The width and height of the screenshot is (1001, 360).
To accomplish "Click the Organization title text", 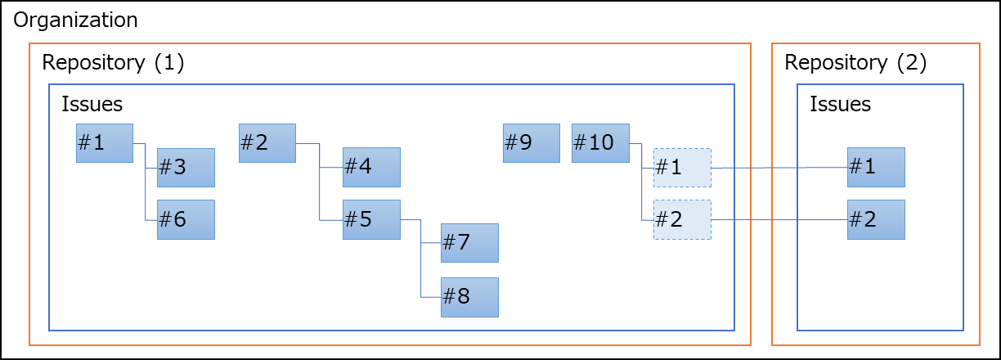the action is (75, 20).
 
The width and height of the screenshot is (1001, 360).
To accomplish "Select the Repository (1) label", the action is (113, 63).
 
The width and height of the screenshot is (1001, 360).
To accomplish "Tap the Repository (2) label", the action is (855, 63).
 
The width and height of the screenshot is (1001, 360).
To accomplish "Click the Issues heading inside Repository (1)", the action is (92, 104).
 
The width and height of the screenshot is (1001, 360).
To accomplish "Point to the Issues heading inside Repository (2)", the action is (841, 104).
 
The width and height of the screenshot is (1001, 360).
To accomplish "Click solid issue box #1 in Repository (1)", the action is (105, 143).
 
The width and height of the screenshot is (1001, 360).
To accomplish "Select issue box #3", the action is (186, 168).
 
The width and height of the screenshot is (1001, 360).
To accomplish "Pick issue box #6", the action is (186, 219).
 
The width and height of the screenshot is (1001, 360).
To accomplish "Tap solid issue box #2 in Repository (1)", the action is (267, 143).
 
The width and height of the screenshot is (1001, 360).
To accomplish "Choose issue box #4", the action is (372, 167).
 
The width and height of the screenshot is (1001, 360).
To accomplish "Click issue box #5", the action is (372, 219).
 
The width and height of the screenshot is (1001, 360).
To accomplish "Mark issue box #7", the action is (469, 243).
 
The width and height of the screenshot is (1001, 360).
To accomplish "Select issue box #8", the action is (469, 297).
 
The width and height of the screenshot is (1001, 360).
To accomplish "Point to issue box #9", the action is (532, 143).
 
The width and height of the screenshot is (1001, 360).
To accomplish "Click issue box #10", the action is (600, 143).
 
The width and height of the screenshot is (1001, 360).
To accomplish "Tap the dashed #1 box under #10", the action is (682, 168).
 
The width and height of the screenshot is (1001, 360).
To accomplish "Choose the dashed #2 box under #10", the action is (682, 219).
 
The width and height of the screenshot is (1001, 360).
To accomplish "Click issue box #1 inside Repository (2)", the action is (877, 167).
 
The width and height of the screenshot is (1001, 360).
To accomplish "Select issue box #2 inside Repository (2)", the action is (877, 219).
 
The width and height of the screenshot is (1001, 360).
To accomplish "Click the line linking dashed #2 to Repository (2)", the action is (779, 219).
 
